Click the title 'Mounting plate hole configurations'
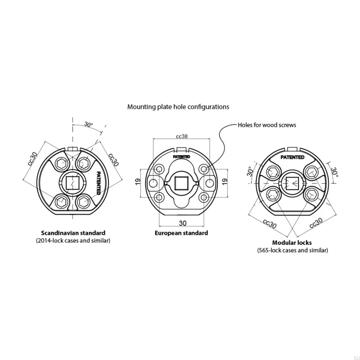pyautogui.click(x=178, y=107)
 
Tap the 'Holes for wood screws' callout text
pyautogui.click(x=267, y=125)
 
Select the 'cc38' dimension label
pyautogui.click(x=182, y=136)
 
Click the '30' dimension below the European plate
pyautogui.click(x=183, y=223)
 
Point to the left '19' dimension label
pyautogui.click(x=138, y=181)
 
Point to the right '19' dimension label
pyautogui.click(x=225, y=181)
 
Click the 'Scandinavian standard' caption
pyautogui.click(x=73, y=233)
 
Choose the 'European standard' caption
pyautogui.click(x=181, y=233)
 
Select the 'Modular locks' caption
pyautogui.click(x=292, y=243)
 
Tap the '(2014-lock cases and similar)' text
pyautogui.click(x=73, y=241)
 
